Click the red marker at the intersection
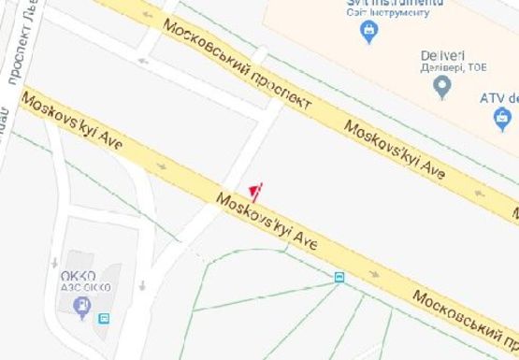256,192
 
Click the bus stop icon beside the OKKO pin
104,318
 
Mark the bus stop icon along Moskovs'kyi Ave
339,277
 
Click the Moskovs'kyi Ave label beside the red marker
267,222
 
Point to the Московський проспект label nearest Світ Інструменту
238,64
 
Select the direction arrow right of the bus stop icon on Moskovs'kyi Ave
374,275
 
